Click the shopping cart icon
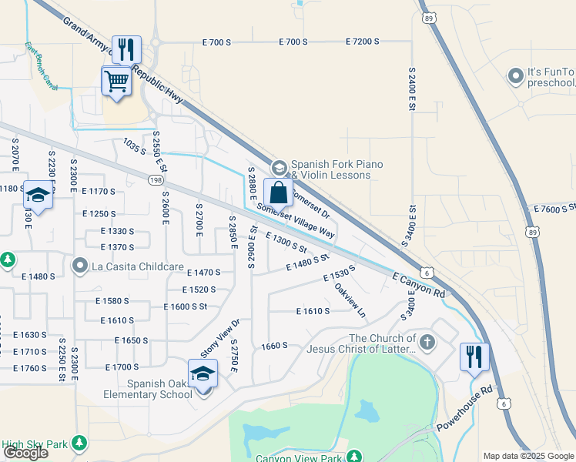(x=116, y=80)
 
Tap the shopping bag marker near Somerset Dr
(x=278, y=192)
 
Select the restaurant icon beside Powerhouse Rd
(x=474, y=357)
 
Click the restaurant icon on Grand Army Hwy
(x=126, y=49)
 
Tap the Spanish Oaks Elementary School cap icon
(x=203, y=373)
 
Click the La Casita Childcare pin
(x=80, y=266)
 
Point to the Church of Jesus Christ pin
(x=426, y=340)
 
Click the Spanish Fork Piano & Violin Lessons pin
(x=279, y=167)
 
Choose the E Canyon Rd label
(x=418, y=284)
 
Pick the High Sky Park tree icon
(x=79, y=443)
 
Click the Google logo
(x=25, y=453)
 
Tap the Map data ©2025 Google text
(x=527, y=456)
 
